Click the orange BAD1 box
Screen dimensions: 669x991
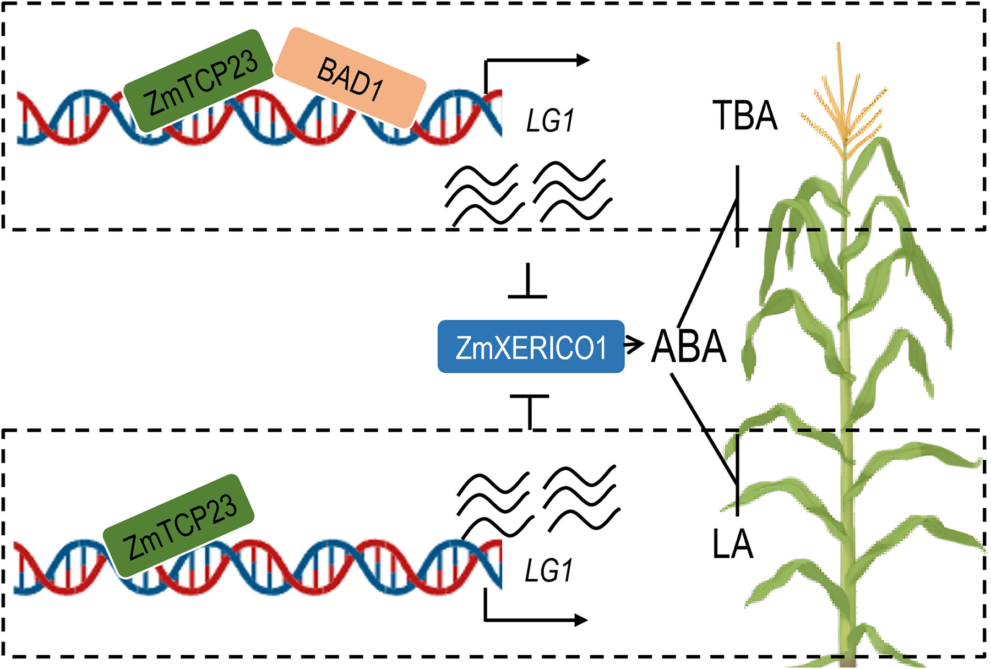350,78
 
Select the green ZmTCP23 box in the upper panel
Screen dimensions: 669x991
199,81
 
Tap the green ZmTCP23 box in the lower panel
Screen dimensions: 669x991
179,526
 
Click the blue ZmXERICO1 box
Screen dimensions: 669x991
531,347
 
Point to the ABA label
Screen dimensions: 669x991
688,347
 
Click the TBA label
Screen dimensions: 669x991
745,116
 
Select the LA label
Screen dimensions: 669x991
732,544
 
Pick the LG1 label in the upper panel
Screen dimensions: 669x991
549,121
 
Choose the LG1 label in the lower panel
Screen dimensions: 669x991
548,570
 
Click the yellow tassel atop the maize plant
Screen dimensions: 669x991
842,110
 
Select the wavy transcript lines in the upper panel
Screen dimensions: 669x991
527,193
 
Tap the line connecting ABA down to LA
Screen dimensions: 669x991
705,429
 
